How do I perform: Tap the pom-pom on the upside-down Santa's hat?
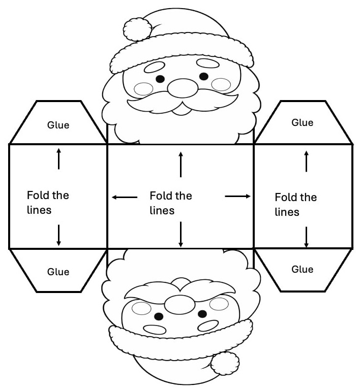click(x=225, y=363)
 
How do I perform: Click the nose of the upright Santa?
click(x=182, y=88)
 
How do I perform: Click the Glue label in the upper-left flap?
click(x=58, y=125)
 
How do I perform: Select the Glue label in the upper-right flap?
click(x=302, y=122)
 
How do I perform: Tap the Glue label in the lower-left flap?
click(x=58, y=272)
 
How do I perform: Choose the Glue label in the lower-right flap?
click(x=302, y=269)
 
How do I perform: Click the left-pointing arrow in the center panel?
click(x=124, y=197)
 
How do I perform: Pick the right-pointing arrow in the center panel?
click(x=237, y=196)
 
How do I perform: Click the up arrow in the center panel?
click(x=181, y=164)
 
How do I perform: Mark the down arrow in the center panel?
click(x=181, y=235)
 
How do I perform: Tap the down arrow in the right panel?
click(x=306, y=237)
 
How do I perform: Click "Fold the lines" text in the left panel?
click(x=47, y=202)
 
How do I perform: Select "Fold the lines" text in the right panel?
click(x=295, y=204)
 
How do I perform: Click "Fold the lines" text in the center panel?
click(x=170, y=203)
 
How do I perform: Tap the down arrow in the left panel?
click(x=58, y=235)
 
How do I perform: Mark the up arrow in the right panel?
click(x=306, y=160)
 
